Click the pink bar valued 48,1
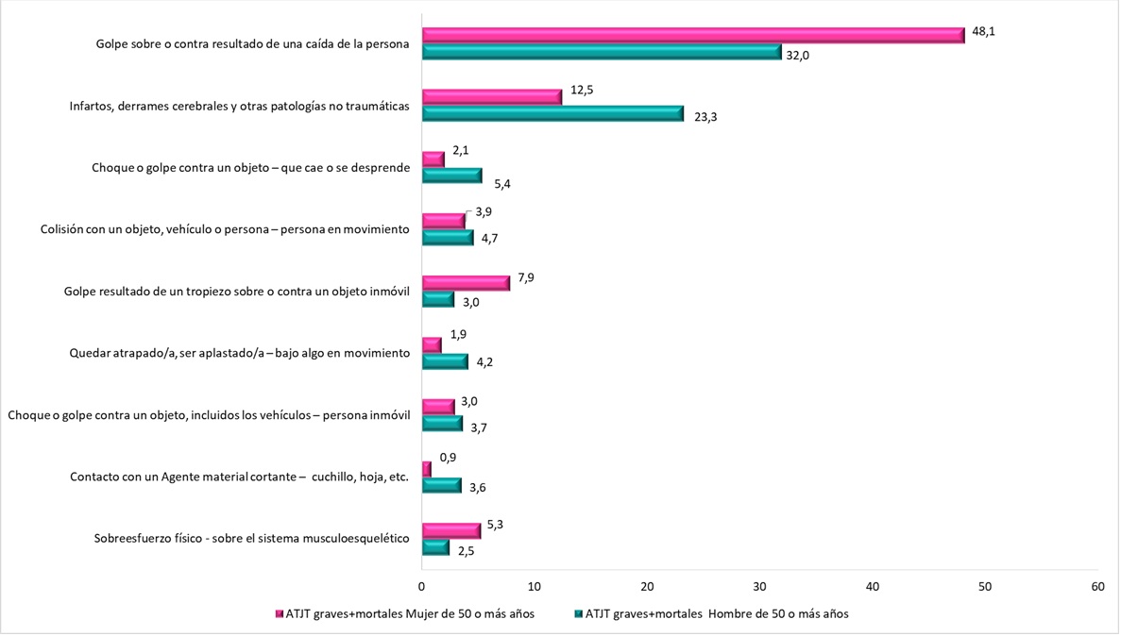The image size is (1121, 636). pyautogui.click(x=692, y=35)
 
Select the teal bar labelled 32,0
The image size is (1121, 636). pyautogui.click(x=602, y=52)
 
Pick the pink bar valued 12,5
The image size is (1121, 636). pyautogui.click(x=491, y=96)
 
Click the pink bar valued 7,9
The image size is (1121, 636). pyautogui.click(x=466, y=282)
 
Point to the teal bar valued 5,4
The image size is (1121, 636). pyautogui.click(x=451, y=175)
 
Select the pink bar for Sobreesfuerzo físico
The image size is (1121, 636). pyautogui.click(x=450, y=530)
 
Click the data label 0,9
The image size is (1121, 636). pyautogui.click(x=449, y=457)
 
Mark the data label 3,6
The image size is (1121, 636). pyautogui.click(x=479, y=488)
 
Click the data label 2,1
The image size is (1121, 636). pyautogui.click(x=461, y=150)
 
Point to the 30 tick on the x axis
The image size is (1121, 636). pyautogui.click(x=759, y=585)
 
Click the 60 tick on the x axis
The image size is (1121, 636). pyautogui.click(x=1096, y=585)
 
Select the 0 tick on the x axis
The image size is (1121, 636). pyautogui.click(x=422, y=585)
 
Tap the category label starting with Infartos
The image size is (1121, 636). pyautogui.click(x=239, y=107)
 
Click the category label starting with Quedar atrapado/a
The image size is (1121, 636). pyautogui.click(x=239, y=353)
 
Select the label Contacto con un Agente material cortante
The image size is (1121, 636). pyautogui.click(x=239, y=477)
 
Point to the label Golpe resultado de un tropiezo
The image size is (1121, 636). pyautogui.click(x=236, y=292)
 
